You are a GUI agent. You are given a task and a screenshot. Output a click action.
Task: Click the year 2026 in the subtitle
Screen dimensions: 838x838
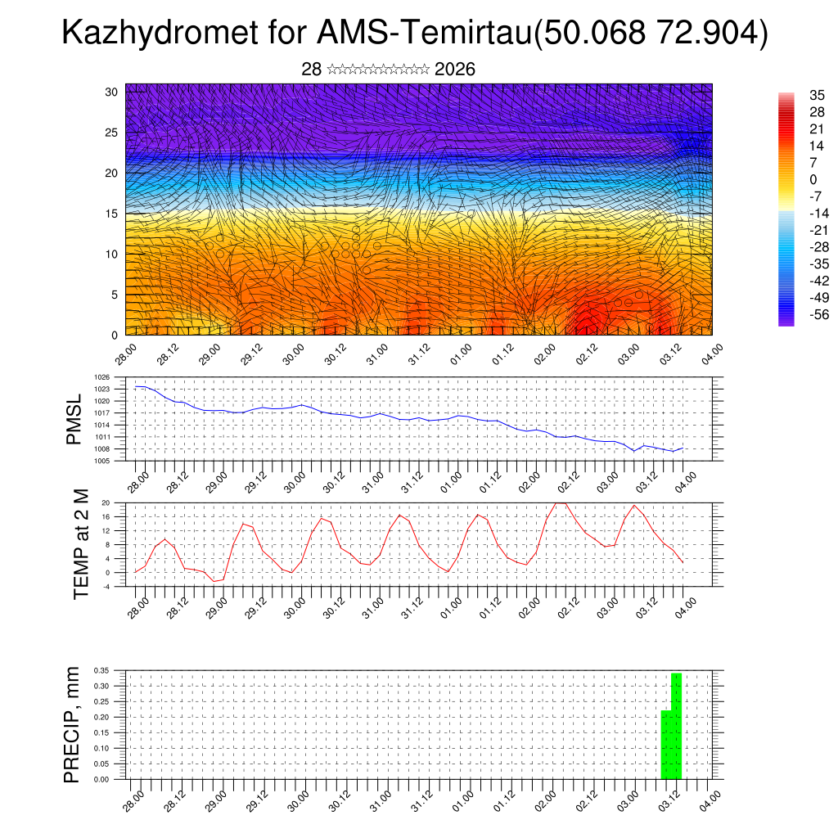[x=455, y=70]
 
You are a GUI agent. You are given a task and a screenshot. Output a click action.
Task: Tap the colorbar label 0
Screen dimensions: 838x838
[x=813, y=179]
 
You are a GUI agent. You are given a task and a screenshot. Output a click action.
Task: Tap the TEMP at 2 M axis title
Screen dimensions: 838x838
[x=80, y=543]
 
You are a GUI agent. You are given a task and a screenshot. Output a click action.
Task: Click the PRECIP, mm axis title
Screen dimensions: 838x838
[x=73, y=724]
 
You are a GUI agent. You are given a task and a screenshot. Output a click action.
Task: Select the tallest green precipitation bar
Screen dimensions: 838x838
[x=676, y=725]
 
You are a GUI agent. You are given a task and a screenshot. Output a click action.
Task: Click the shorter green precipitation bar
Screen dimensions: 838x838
[x=665, y=745]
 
